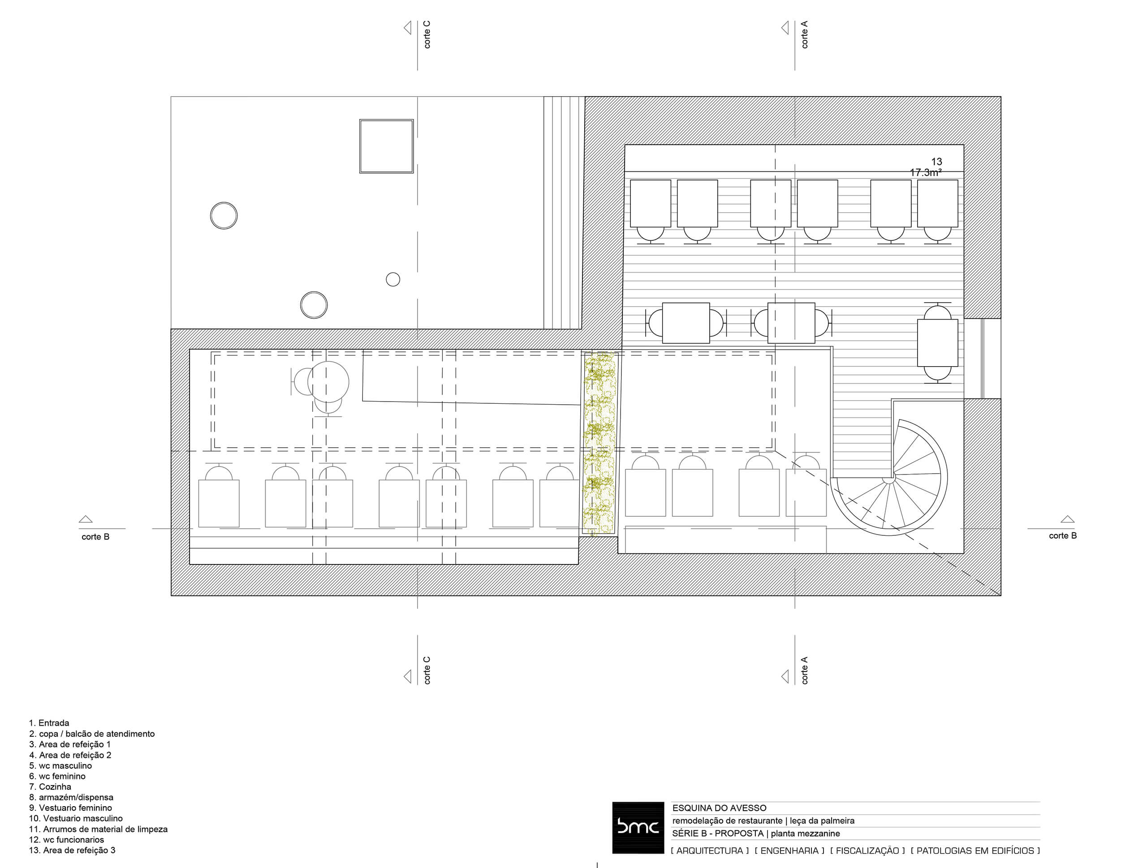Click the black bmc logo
pos(638,827)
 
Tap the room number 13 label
pos(936,162)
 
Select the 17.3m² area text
pos(926,172)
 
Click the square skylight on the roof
pos(386,146)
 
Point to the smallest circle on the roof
pos(393,279)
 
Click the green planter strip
pos(599,443)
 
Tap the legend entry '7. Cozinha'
pos(50,787)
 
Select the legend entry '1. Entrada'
pos(49,723)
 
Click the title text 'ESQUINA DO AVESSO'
pos(719,808)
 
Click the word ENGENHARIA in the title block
pos(789,851)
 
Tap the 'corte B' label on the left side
pos(95,537)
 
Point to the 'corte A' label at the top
pos(804,35)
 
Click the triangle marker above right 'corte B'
pos(1067,519)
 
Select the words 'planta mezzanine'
pos(805,833)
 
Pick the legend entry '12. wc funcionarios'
pos(66,839)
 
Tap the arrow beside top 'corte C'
pos(408,27)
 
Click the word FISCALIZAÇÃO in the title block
pos(867,851)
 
